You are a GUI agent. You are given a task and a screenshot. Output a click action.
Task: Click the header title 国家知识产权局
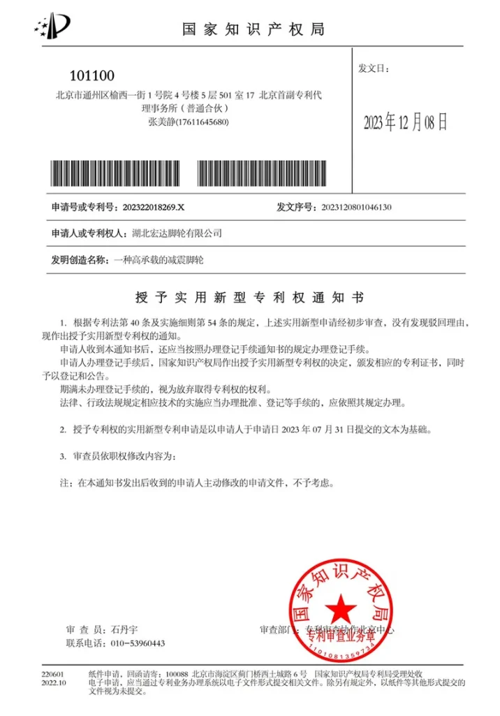253,29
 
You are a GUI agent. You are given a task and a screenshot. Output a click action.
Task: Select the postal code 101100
92,76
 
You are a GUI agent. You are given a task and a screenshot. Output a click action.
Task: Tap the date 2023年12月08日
405,122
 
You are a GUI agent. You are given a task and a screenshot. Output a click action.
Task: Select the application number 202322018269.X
153,207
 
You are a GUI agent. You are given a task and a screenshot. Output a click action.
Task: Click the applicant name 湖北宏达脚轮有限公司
177,233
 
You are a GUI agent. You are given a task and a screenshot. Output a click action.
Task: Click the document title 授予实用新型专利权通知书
249,296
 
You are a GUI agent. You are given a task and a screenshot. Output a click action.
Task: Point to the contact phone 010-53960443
138,643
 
